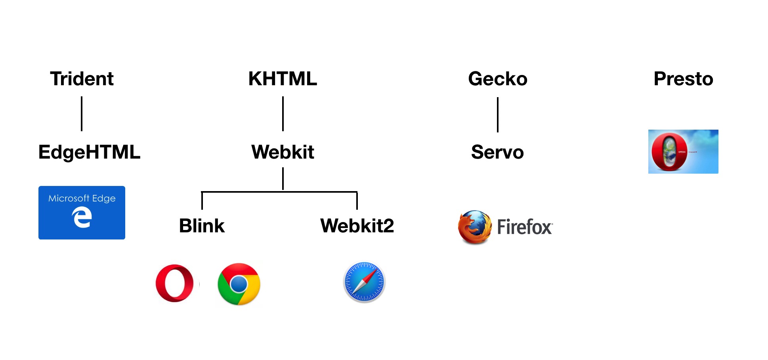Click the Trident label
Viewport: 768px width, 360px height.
tap(82, 79)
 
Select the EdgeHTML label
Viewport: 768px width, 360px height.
tap(89, 152)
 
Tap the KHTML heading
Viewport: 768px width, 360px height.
tap(283, 79)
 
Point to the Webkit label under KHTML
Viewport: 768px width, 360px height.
tap(283, 152)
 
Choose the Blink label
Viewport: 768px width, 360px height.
tap(202, 226)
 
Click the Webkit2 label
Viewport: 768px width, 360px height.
tap(357, 226)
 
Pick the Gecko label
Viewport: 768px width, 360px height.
tap(498, 79)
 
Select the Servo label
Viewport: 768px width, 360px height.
tap(497, 152)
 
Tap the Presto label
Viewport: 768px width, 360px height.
tap(683, 79)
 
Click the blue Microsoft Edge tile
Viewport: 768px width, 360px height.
tap(82, 213)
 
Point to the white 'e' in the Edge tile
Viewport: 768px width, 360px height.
tap(82, 218)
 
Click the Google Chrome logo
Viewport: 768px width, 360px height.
tap(239, 284)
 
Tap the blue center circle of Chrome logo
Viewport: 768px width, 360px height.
tap(239, 284)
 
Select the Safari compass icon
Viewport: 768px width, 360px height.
tap(364, 282)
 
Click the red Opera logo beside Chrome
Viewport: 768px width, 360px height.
tap(174, 283)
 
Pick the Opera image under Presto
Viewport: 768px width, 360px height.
tap(683, 151)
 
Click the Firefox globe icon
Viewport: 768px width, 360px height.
tap(475, 227)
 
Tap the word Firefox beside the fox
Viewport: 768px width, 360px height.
tap(524, 227)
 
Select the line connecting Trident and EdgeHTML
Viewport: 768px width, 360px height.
tap(82, 114)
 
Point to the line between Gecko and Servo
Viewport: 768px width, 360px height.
tap(498, 115)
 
